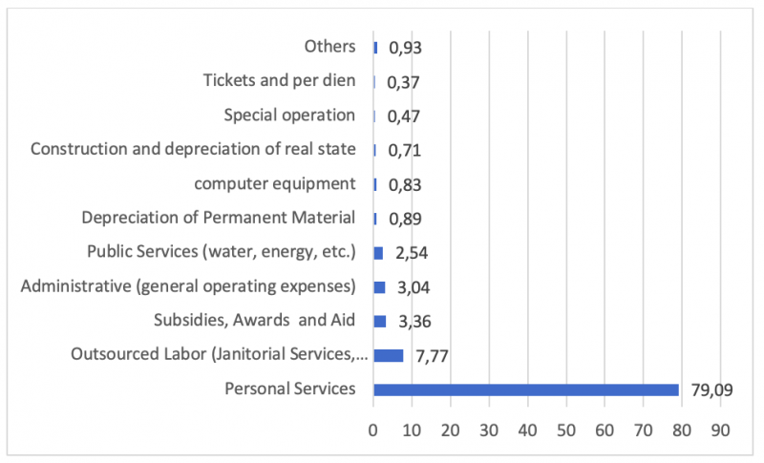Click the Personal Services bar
pyautogui.click(x=526, y=389)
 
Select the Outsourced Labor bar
pyautogui.click(x=389, y=355)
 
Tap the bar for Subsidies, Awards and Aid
pyautogui.click(x=380, y=321)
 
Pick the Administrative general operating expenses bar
pyautogui.click(x=379, y=287)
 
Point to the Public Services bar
pyautogui.click(x=378, y=253)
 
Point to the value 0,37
pyautogui.click(x=404, y=82)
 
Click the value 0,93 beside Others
pyautogui.click(x=404, y=48)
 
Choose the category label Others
pyautogui.click(x=329, y=47)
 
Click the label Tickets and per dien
pyautogui.click(x=280, y=81)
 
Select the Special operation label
pyautogui.click(x=289, y=116)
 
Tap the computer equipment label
pyautogui.click(x=275, y=183)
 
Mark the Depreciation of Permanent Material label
pyautogui.click(x=219, y=218)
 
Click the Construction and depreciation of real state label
pyautogui.click(x=193, y=149)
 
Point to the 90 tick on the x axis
pyautogui.click(x=720, y=431)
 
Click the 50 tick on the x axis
pyautogui.click(x=566, y=431)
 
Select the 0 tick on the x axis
pyautogui.click(x=373, y=431)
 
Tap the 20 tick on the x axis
pyautogui.click(x=451, y=431)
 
